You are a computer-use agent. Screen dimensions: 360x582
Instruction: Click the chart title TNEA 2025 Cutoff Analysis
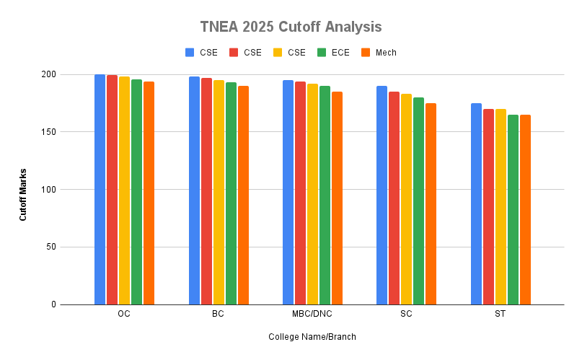[x=291, y=27]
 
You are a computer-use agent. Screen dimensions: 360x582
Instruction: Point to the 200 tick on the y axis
[x=48, y=74]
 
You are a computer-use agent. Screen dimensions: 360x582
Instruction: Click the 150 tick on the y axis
[x=48, y=132]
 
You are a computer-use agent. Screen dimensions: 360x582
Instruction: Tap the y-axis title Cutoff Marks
[x=23, y=189]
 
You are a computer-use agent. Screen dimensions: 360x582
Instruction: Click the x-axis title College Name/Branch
[x=312, y=337]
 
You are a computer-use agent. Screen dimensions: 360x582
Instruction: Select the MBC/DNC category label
[x=312, y=315]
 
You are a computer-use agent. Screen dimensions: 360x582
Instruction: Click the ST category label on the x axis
[x=501, y=315]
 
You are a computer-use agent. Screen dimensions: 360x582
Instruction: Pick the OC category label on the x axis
[x=124, y=315]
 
